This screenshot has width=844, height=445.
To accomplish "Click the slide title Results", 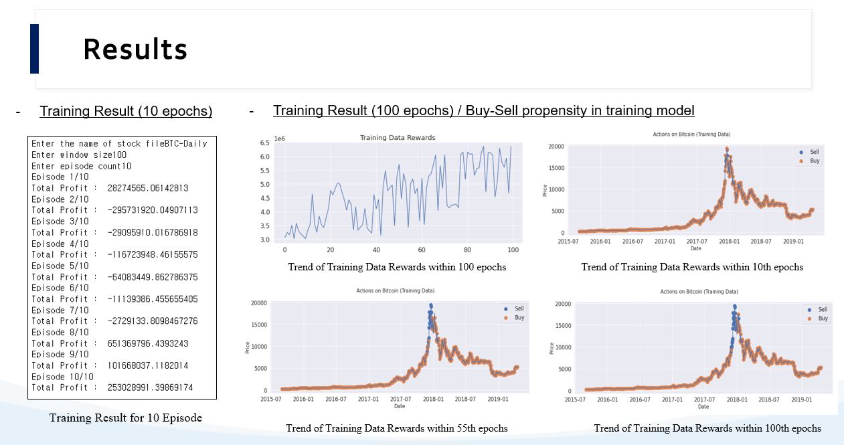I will (x=135, y=50).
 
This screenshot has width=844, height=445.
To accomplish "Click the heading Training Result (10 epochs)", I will (x=126, y=111).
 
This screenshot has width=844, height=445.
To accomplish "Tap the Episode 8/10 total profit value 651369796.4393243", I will (x=147, y=343).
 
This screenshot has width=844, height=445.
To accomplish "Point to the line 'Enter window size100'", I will (x=79, y=155).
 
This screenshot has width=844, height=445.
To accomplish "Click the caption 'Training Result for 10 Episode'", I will (x=125, y=418).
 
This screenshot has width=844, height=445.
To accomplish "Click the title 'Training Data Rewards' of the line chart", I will (x=398, y=138).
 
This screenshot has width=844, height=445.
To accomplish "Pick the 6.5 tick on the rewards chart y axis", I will (x=264, y=143).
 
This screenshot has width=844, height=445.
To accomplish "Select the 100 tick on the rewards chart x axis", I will (x=513, y=250).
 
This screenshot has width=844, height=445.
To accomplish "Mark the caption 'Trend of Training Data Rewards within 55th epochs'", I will (x=396, y=428).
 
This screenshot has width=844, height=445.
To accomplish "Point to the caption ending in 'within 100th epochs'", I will (x=707, y=428).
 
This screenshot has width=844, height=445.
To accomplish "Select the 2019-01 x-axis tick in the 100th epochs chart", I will (x=801, y=399).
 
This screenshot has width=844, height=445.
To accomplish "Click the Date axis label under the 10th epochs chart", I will (x=695, y=248).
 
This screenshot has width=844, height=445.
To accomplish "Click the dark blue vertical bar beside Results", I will (x=34, y=49).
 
